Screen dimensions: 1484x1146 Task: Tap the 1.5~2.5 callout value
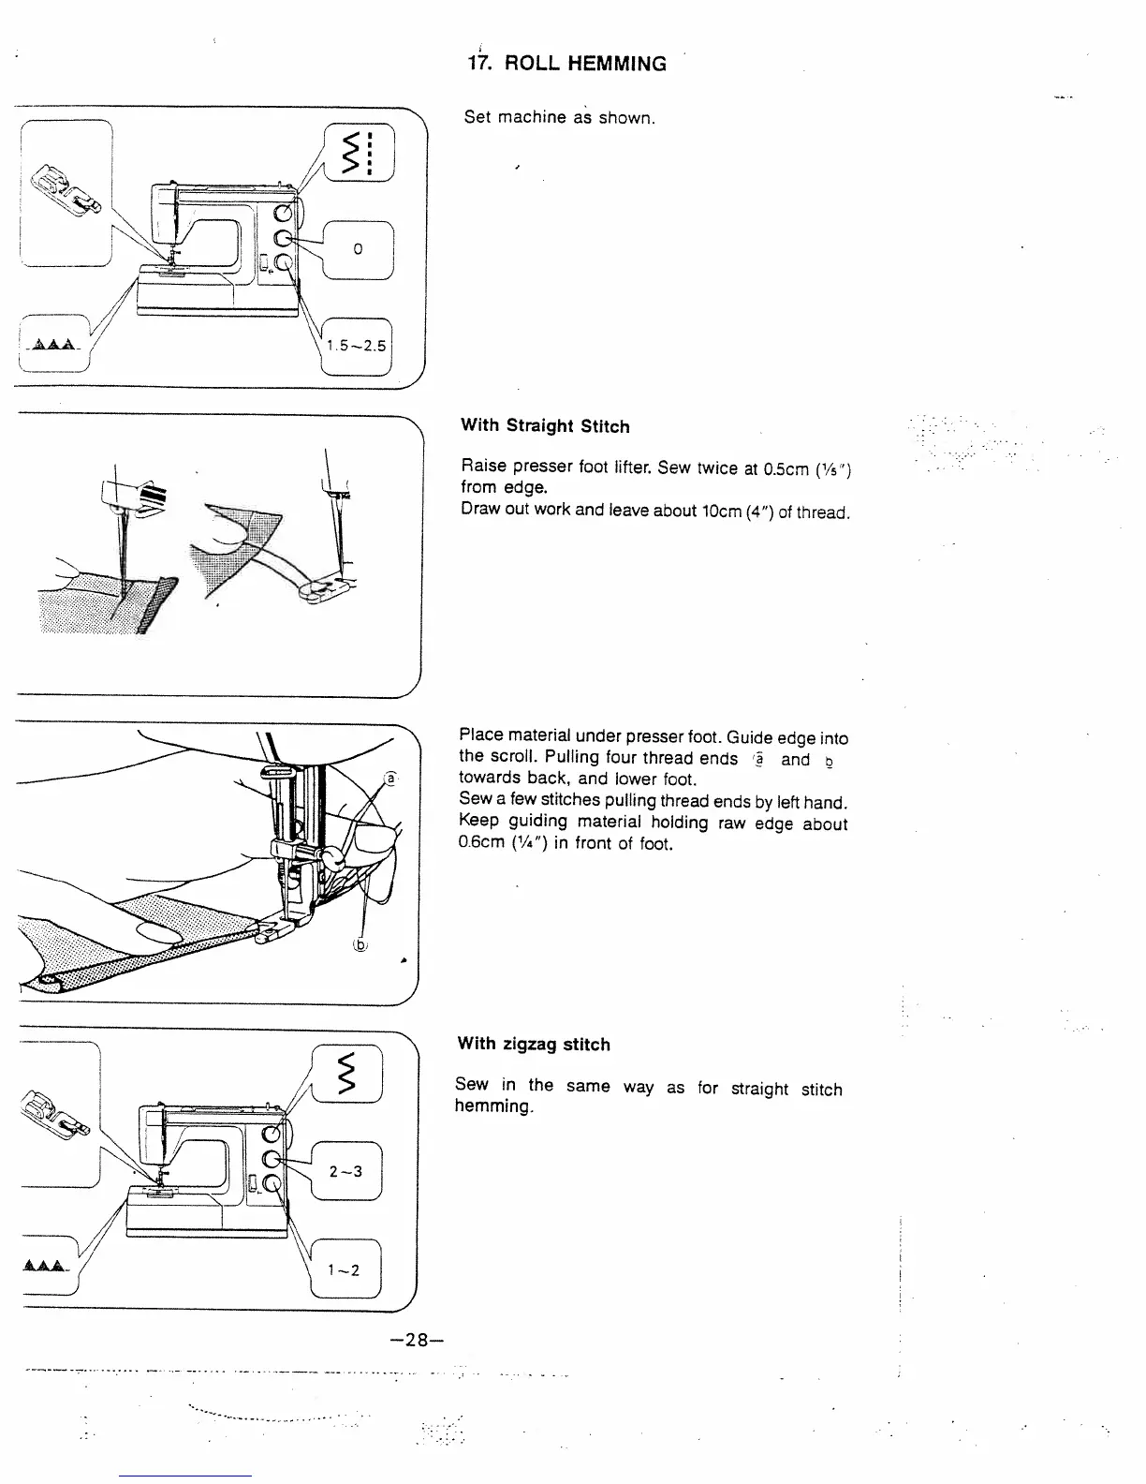click(x=356, y=346)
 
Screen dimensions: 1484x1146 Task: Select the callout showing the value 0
click(x=358, y=249)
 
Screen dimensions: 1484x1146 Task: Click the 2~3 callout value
click(x=345, y=1172)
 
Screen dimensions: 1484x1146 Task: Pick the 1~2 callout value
click(x=344, y=1270)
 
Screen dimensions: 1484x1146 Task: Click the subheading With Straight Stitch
click(x=545, y=426)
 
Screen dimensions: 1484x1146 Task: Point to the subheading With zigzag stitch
click(x=533, y=1044)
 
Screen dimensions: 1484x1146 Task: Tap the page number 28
click(x=412, y=1340)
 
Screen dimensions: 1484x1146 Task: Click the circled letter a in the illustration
click(x=391, y=779)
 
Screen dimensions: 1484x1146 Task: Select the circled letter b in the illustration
click(x=360, y=944)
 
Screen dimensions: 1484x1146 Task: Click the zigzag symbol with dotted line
click(x=360, y=155)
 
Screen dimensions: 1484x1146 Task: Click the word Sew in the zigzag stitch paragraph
click(x=472, y=1085)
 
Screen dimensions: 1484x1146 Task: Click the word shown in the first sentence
click(x=625, y=119)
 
